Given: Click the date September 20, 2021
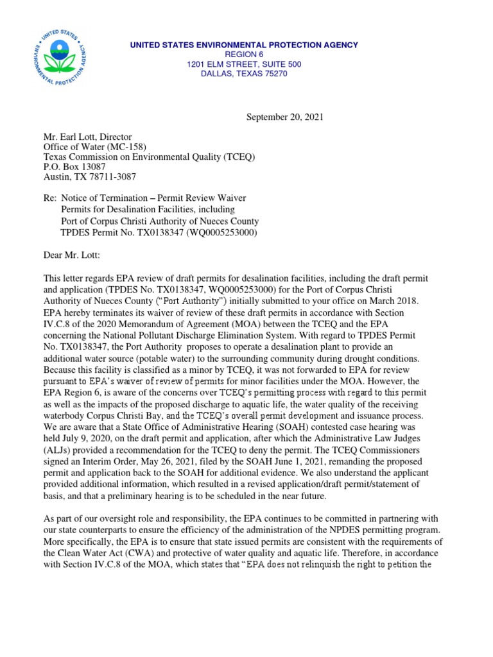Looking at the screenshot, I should [x=286, y=117].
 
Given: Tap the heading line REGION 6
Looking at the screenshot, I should [x=244, y=55].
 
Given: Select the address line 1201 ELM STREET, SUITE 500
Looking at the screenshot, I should [x=244, y=65].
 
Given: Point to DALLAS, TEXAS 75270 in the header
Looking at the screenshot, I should [x=244, y=74].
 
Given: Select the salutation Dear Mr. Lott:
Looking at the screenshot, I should [x=72, y=255].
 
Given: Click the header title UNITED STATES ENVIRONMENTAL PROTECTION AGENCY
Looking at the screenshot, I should [x=244, y=45].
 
